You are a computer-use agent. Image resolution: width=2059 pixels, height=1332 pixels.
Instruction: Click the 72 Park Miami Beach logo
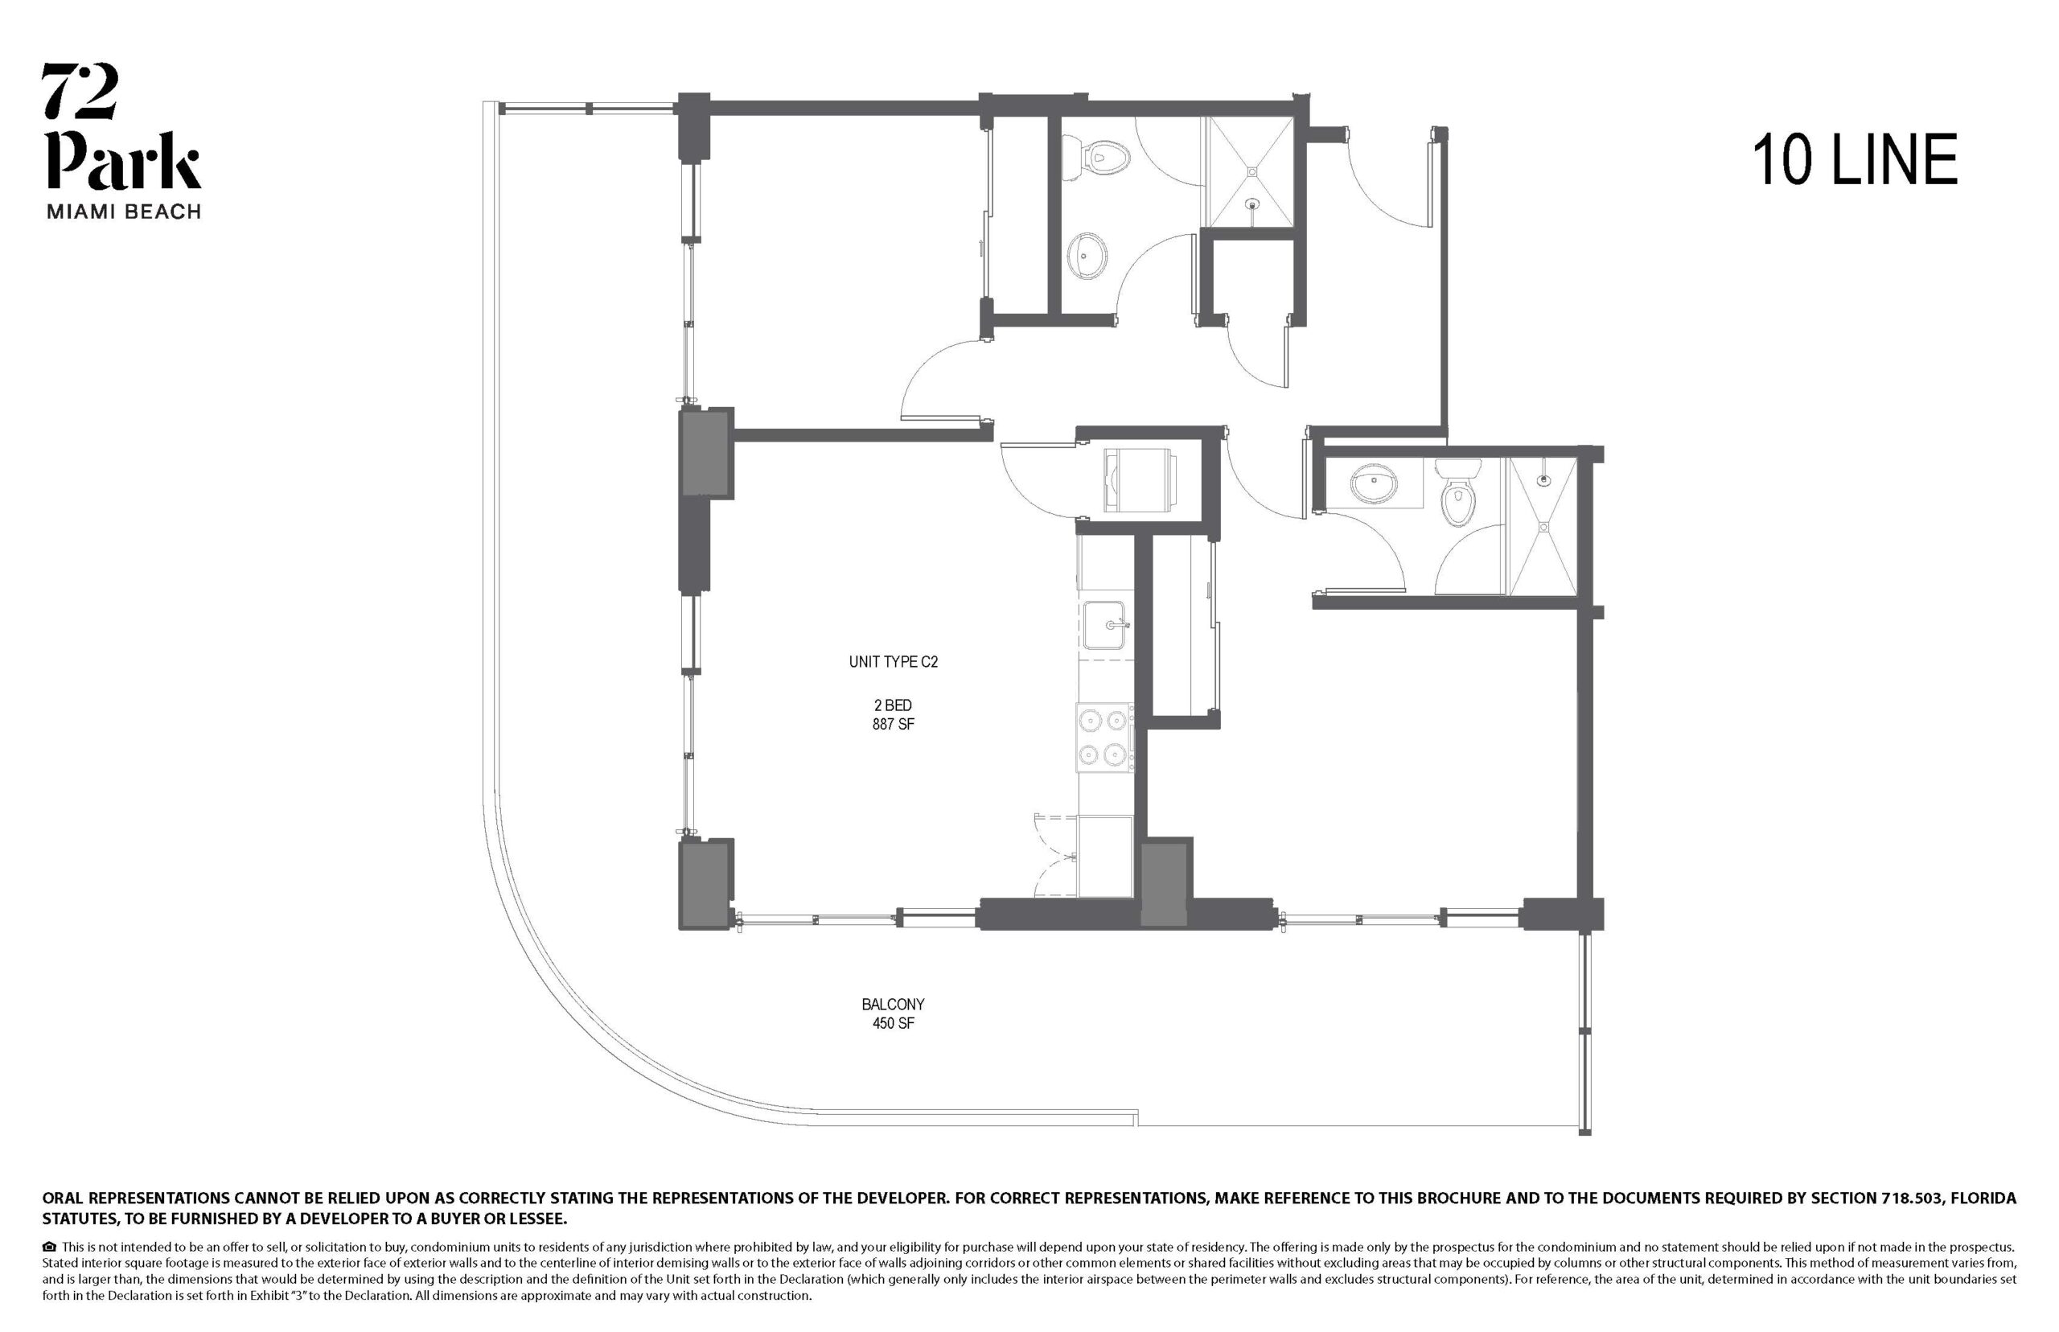pos(122,140)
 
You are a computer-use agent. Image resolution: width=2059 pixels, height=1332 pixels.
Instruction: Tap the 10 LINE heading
pos(1854,160)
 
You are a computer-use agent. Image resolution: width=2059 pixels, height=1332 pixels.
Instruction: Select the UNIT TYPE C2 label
pos(894,662)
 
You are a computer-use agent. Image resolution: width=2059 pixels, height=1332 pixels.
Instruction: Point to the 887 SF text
pos(894,724)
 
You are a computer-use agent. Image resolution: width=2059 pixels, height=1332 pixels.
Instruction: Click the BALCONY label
pos(894,1004)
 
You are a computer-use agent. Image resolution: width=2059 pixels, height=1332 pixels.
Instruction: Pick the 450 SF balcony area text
pos(894,1023)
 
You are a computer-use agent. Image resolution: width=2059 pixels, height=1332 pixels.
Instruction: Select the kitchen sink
pos(1104,624)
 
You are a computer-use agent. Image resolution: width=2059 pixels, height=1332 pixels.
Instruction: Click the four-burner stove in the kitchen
pos(1105,738)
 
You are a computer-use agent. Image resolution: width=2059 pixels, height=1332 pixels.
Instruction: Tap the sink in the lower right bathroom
pos(1373,483)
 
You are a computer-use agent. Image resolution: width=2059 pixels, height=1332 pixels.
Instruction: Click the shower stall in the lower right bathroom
pos(1543,527)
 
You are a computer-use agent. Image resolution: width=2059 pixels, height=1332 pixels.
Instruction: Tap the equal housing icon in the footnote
pos(49,1248)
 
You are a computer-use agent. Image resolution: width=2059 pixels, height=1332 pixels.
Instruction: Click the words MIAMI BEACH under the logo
pos(124,212)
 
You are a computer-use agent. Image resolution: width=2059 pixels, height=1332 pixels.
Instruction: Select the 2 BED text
pos(894,705)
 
